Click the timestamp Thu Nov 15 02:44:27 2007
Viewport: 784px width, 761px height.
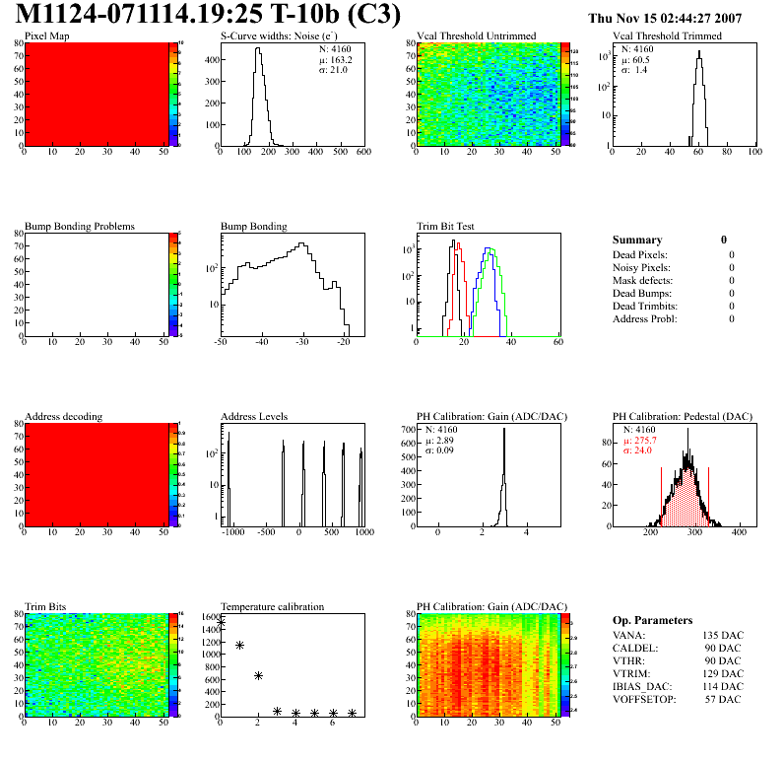click(x=665, y=18)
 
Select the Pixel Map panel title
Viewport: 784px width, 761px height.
click(x=47, y=36)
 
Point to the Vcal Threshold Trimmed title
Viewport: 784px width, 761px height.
click(x=667, y=36)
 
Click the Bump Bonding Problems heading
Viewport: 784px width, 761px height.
click(x=80, y=227)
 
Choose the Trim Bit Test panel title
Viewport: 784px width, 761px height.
click(x=446, y=227)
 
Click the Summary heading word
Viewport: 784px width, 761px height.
click(x=637, y=240)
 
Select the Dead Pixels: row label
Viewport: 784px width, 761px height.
click(x=641, y=254)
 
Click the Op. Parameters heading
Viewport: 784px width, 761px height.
click(x=657, y=620)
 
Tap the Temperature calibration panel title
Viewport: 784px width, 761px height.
click(x=272, y=607)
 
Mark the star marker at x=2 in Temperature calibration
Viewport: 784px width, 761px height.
click(x=258, y=675)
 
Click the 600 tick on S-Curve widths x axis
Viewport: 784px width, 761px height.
click(x=362, y=153)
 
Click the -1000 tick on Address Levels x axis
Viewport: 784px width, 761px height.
click(x=232, y=532)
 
